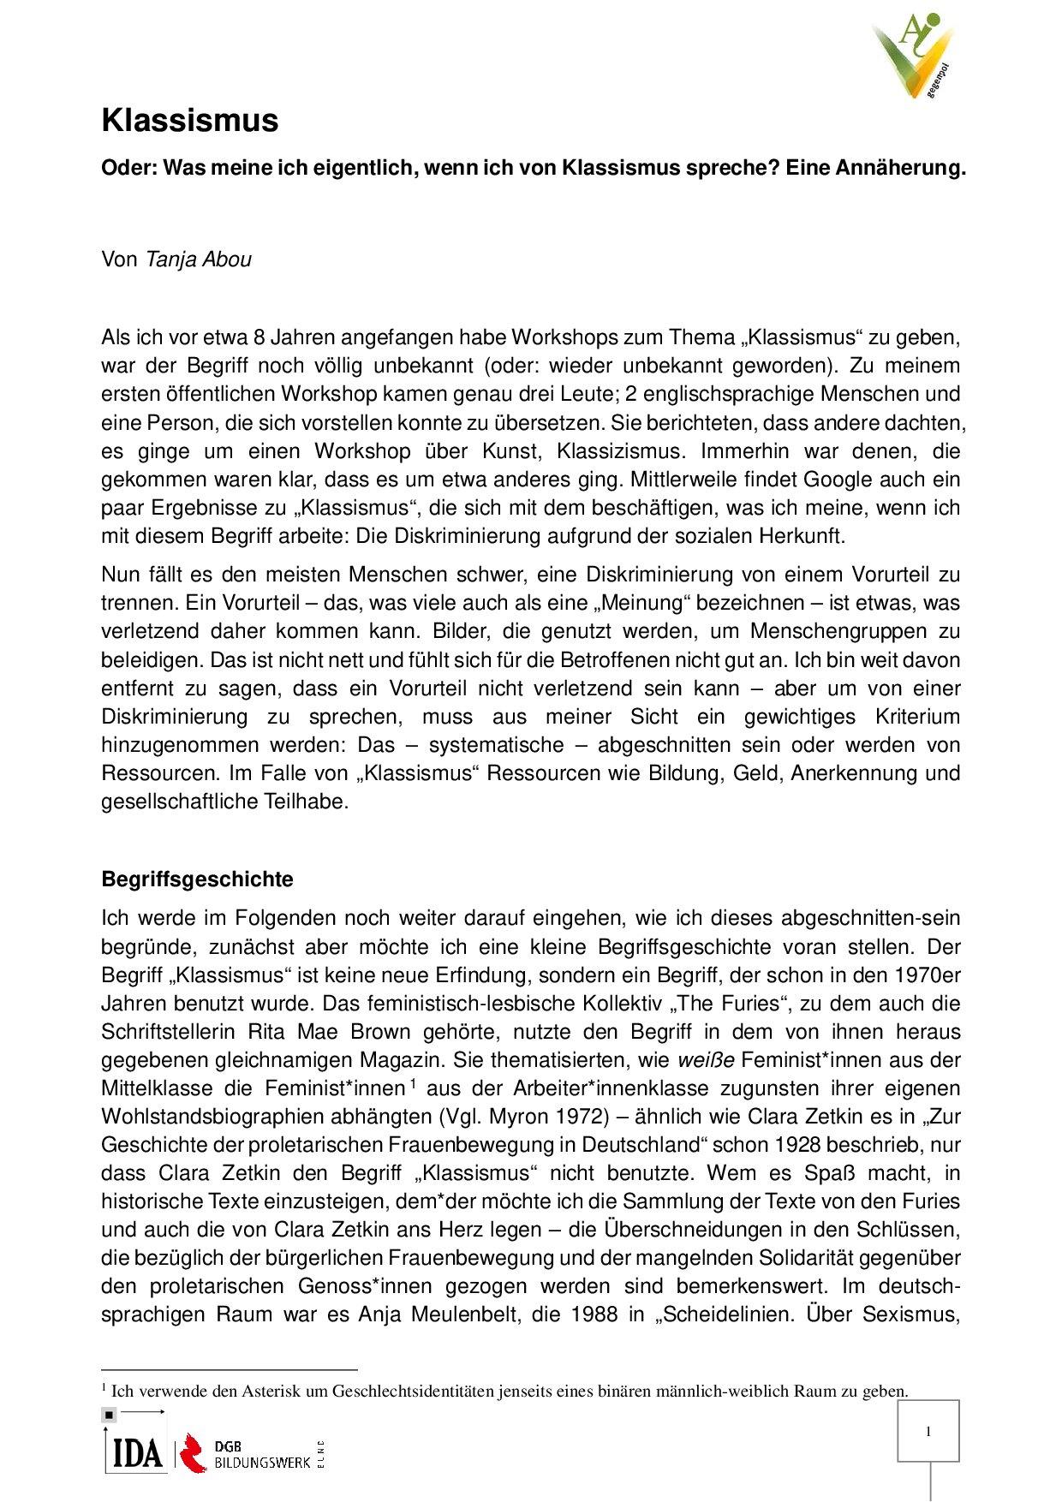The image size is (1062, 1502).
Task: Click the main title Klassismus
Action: pos(189,121)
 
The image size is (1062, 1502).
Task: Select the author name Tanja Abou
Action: pos(199,259)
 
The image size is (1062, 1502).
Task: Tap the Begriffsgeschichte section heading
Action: pos(197,879)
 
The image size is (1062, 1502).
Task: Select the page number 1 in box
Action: pos(928,1432)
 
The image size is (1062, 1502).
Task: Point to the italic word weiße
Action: pos(706,1060)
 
